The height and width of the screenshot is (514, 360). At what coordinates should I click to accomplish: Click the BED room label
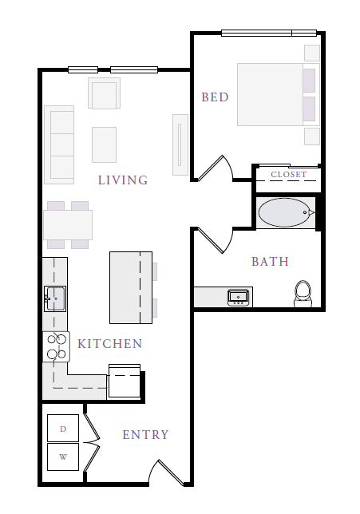215,97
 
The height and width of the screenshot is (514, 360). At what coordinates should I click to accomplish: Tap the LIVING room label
123,180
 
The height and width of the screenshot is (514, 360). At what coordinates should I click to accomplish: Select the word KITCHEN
110,343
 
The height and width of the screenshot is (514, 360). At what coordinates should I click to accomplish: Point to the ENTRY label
145,435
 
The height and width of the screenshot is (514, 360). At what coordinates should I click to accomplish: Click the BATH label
270,262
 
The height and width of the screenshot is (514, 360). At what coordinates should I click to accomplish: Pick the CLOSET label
288,174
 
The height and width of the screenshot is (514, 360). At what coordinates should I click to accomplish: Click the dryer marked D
63,428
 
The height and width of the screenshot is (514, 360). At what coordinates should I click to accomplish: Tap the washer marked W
63,457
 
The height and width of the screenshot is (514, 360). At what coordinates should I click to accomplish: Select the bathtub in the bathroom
284,212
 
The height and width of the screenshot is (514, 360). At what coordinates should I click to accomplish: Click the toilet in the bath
303,294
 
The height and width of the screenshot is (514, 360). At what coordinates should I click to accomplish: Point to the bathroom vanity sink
238,298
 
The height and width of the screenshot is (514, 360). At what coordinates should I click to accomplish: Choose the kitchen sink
55,299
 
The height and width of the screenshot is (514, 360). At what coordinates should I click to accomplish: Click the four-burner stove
56,347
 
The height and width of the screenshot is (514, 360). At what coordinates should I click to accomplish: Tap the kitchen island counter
131,287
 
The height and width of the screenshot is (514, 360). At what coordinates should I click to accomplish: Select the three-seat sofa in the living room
59,144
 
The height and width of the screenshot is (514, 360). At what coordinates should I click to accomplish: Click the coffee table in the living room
104,144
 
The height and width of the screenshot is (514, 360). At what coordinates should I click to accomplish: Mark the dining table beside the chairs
68,225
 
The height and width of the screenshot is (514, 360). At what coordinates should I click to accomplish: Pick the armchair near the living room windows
104,93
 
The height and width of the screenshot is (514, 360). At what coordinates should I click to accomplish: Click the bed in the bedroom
279,95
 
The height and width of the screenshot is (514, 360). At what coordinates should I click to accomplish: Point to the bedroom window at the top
269,33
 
